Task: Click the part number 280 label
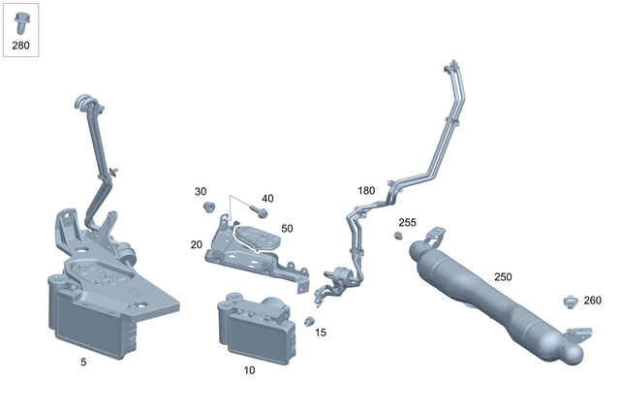click(21, 45)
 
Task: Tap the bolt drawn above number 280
click(21, 20)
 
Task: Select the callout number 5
click(83, 363)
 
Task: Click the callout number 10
click(249, 370)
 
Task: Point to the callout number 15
click(321, 333)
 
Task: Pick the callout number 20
click(197, 244)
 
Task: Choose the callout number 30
click(201, 191)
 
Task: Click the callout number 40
click(267, 199)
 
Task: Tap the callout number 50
click(287, 229)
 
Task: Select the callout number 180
click(366, 190)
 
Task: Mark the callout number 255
click(408, 223)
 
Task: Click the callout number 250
click(503, 277)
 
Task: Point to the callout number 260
click(592, 301)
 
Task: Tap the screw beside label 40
click(258, 209)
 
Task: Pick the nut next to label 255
click(396, 236)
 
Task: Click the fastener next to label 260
click(570, 301)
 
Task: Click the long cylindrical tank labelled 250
click(494, 304)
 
